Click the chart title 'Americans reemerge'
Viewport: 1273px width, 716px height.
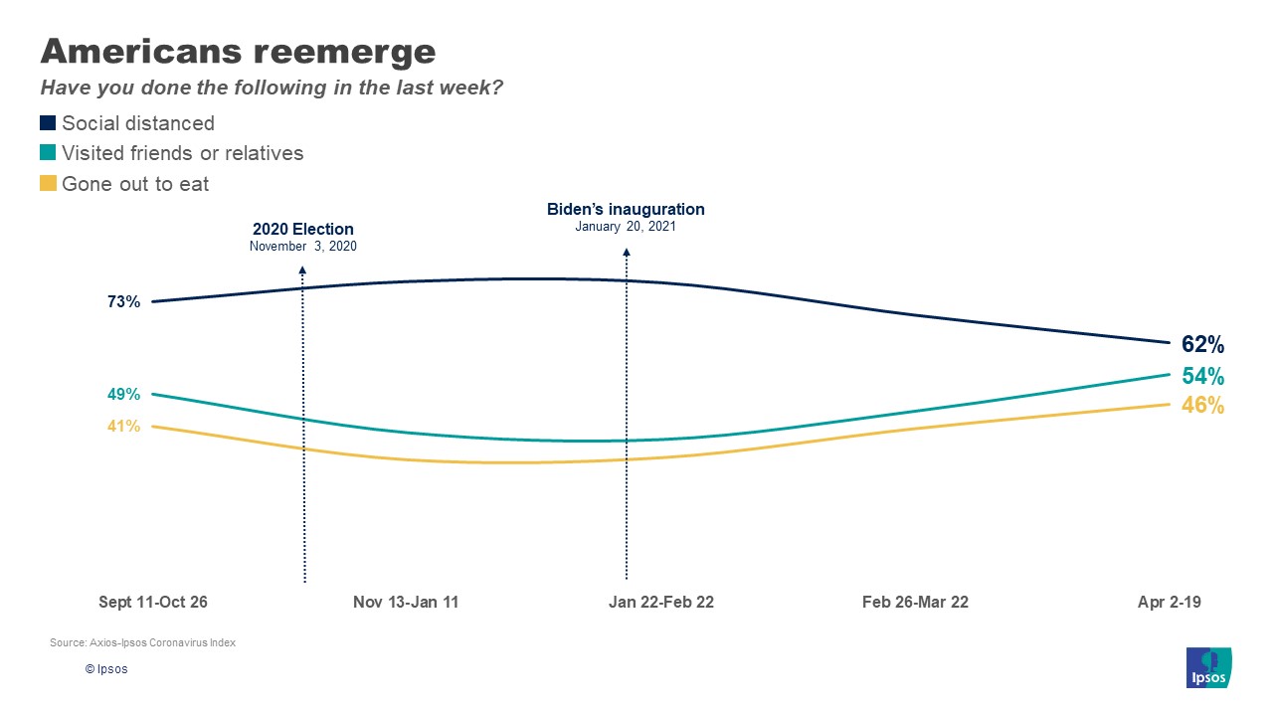point(238,51)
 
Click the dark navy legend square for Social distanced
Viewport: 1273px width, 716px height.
point(48,123)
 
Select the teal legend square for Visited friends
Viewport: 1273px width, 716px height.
point(48,153)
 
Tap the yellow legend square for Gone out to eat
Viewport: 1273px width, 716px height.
point(48,183)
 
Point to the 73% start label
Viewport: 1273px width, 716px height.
point(123,302)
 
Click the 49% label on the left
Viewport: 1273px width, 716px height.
point(123,395)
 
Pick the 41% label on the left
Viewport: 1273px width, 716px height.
point(123,427)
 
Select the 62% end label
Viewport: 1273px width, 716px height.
point(1202,345)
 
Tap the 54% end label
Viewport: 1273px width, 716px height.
point(1202,376)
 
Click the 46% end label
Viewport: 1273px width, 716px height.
point(1202,406)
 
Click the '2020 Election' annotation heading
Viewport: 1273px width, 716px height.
point(302,230)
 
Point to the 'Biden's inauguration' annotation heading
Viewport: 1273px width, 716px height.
point(626,210)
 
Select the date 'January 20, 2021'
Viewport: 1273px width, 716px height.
point(626,227)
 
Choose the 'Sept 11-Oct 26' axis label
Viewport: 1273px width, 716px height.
point(153,603)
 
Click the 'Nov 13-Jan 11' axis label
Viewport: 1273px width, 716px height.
point(406,603)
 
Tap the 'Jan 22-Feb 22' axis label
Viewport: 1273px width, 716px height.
point(661,603)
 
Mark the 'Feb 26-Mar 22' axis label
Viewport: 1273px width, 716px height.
point(915,603)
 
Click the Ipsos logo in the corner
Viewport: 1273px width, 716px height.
point(1209,666)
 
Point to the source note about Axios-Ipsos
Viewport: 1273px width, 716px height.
point(142,643)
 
